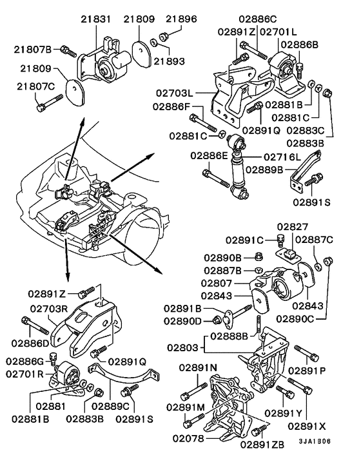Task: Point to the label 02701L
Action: [x=278, y=30]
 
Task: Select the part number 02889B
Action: [x=281, y=170]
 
